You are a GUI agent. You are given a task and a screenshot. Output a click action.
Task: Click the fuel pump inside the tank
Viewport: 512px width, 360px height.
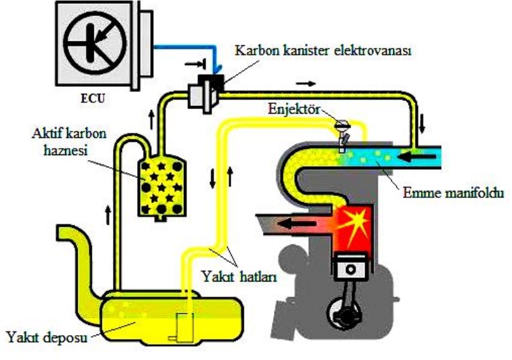coord(181,326)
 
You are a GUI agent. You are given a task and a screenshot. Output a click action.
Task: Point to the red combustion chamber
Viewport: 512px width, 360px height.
coord(352,224)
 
